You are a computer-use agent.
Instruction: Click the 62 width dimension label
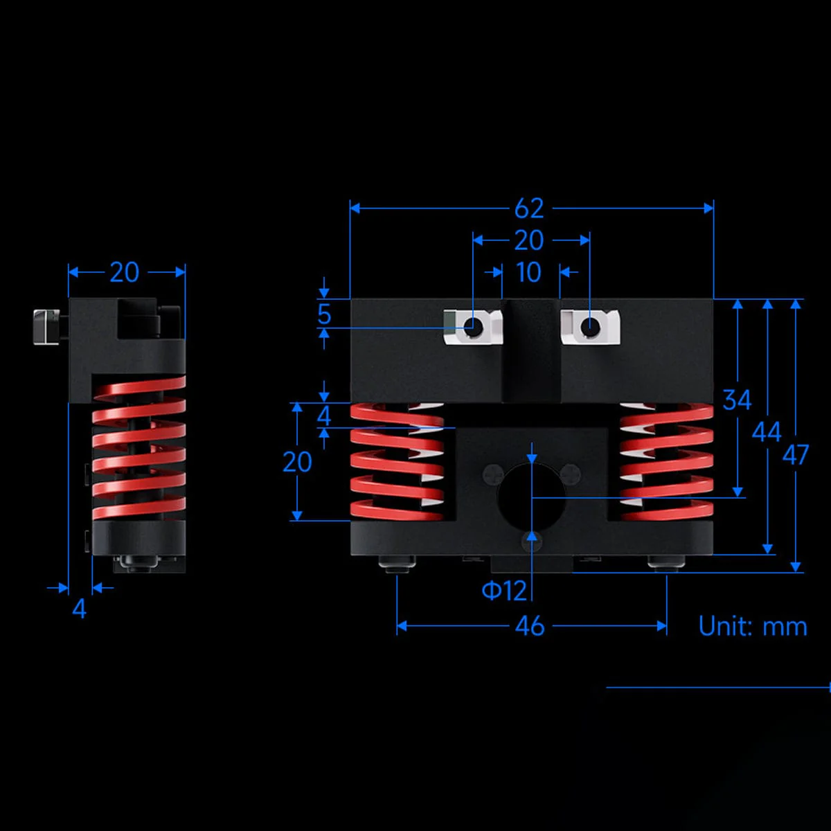point(529,208)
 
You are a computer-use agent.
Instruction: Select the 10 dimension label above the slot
point(529,272)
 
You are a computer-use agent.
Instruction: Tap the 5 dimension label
point(324,314)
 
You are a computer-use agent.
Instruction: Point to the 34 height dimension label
point(737,400)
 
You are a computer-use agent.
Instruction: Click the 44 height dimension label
point(767,432)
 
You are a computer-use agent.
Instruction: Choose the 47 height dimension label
point(796,455)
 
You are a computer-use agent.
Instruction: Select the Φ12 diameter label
point(504,591)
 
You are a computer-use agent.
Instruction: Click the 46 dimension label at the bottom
point(530,627)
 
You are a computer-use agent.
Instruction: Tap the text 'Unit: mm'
point(753,626)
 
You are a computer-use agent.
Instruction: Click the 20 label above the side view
point(125,272)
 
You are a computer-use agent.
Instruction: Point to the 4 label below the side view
point(80,609)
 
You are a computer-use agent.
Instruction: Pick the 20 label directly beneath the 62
point(529,240)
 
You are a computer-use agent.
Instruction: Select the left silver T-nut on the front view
point(472,326)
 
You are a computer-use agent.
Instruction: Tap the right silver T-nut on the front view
point(589,326)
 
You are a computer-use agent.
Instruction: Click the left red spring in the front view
point(397,461)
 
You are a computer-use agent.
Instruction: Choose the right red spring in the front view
point(667,461)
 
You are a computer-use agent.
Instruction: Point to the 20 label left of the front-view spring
point(297,462)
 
